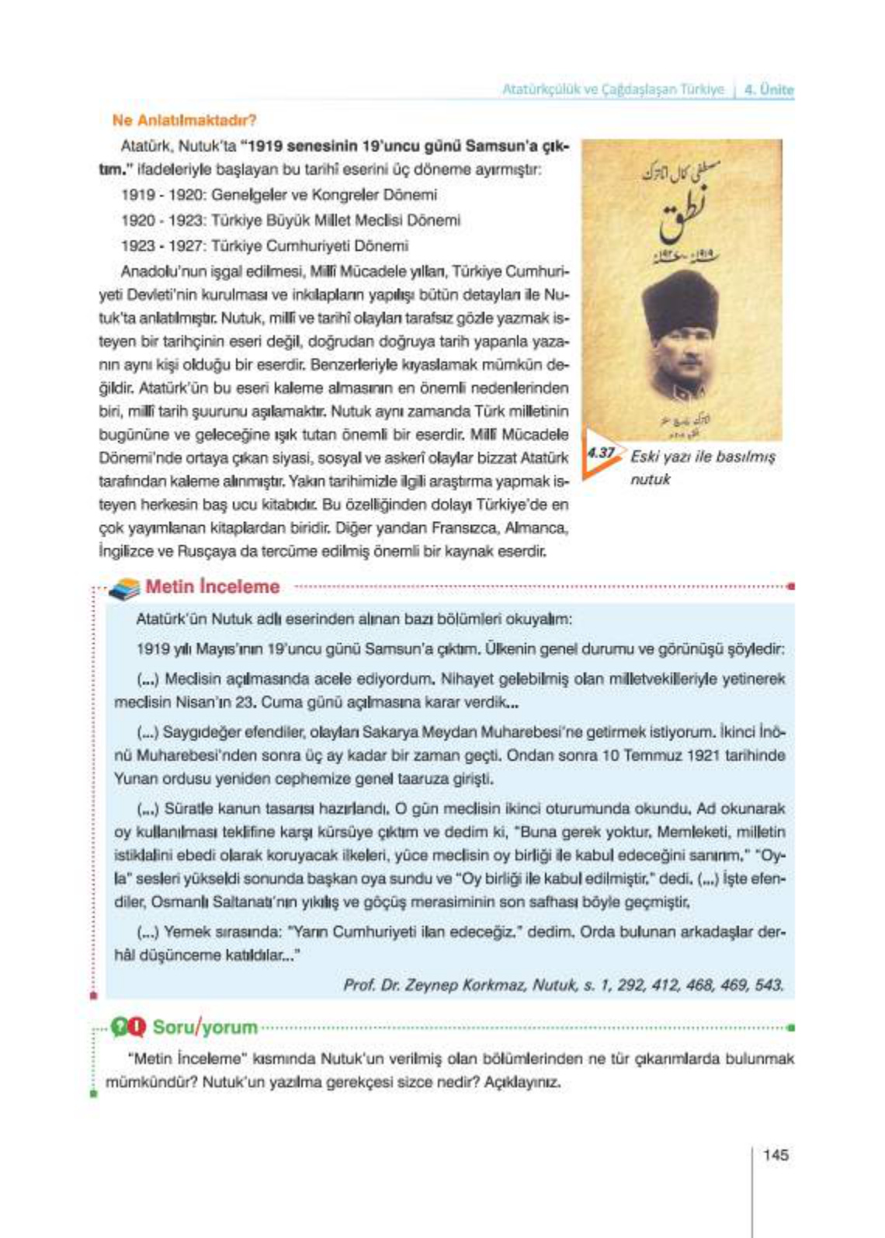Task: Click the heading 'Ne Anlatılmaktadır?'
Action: click(184, 120)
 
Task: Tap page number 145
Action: click(776, 1154)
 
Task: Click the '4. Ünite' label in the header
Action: click(768, 89)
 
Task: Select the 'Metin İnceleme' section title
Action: click(212, 587)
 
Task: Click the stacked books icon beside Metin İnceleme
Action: click(124, 589)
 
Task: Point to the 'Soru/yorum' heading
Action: click(205, 1028)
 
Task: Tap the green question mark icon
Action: click(120, 1028)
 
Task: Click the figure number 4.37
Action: click(601, 452)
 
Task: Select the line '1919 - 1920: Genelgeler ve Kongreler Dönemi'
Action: click(279, 195)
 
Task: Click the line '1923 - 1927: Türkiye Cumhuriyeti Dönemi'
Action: click(265, 246)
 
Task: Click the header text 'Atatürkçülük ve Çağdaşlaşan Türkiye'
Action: click(613, 89)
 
